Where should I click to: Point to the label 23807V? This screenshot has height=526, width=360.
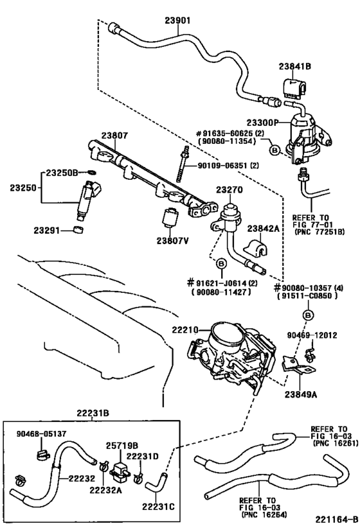point(171,241)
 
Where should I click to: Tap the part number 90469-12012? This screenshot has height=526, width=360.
point(319,334)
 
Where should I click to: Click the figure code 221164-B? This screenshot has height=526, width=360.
point(334,517)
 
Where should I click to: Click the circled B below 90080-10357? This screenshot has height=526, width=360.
point(307,314)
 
